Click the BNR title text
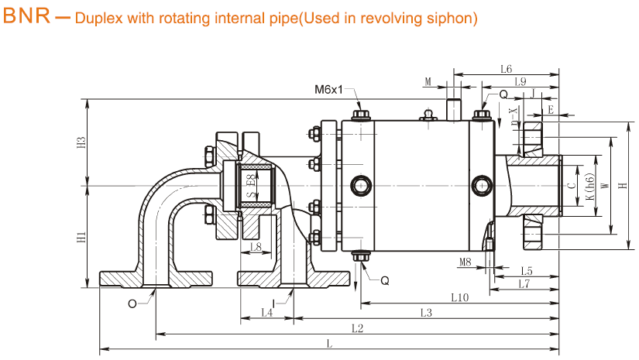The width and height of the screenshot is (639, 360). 27,16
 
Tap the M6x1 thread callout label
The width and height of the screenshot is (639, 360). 328,90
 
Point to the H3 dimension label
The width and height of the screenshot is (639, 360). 81,143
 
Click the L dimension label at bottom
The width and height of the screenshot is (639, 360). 330,343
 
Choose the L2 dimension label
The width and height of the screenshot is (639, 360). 356,327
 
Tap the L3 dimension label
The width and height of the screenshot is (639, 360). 426,313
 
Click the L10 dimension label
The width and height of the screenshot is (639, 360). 459,297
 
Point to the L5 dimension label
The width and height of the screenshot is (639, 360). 527,270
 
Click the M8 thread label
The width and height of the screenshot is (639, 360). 465,262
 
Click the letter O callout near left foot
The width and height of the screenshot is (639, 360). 132,303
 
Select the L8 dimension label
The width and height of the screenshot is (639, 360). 256,247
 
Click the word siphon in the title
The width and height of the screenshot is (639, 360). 451,17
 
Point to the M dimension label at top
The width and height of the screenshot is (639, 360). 428,81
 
